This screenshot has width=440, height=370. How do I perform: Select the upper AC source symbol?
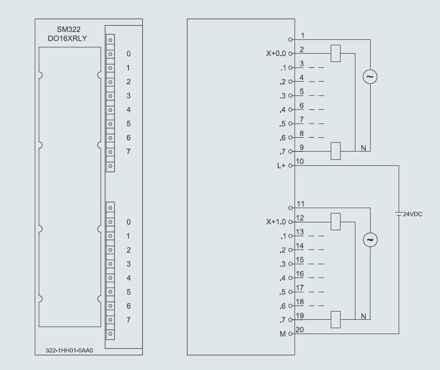(370, 77)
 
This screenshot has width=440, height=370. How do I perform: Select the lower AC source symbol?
(370, 239)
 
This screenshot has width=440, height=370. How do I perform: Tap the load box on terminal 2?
(336, 53)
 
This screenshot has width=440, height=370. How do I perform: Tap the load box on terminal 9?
(336, 151)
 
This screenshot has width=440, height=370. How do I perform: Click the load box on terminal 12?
(336, 221)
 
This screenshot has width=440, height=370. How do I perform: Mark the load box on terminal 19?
(336, 319)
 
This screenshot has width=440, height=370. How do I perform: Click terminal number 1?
(302, 35)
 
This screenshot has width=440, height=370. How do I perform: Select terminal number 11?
(302, 204)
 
